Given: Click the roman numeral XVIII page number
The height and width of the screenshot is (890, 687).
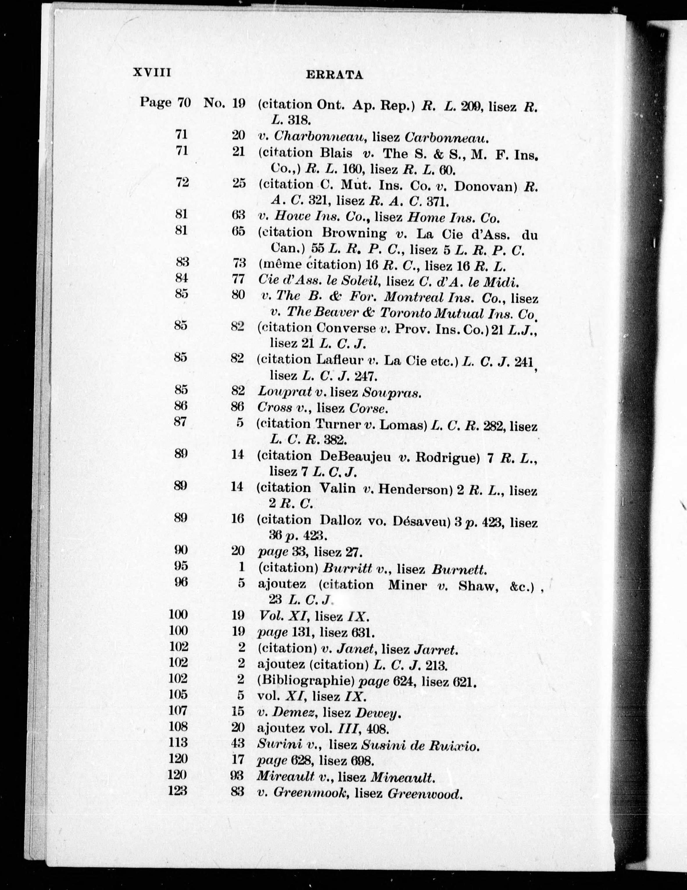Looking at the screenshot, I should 152,73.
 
